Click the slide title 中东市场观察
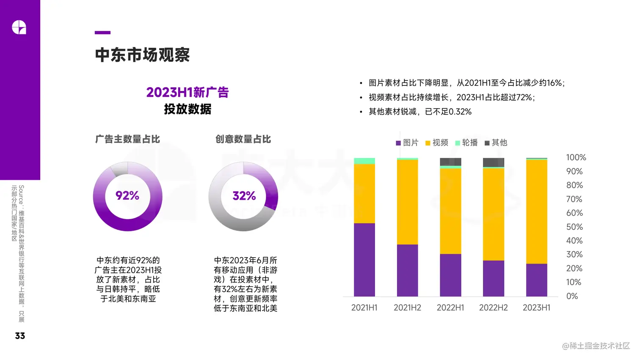point(142,55)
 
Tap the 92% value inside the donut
point(127,195)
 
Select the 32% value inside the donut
point(244,196)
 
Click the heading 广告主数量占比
point(127,139)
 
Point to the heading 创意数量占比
point(243,139)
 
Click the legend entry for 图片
point(407,143)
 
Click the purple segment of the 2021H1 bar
point(364,260)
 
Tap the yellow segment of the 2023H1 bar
point(536,212)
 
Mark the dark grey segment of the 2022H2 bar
point(494,162)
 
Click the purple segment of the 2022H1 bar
point(450,275)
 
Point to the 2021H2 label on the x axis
point(407,308)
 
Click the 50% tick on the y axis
point(574,227)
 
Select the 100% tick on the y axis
point(576,158)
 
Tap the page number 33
point(20,336)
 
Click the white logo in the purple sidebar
point(19,27)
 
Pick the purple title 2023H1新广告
point(187,92)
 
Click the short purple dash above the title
point(102,33)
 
